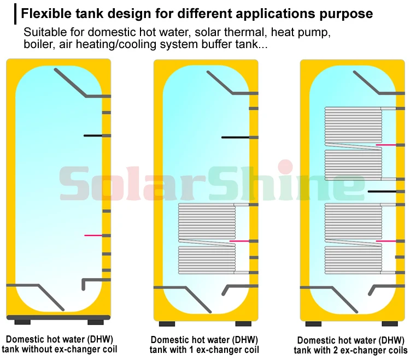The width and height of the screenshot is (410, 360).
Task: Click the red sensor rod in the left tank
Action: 93,235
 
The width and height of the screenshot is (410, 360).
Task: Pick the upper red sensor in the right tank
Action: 386,145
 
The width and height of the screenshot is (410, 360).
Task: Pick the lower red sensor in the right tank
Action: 386,241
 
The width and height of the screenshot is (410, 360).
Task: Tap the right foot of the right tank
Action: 389,323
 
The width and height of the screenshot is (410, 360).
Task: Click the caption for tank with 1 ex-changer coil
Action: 204,345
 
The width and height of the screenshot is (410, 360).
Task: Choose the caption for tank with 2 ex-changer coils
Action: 350,345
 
